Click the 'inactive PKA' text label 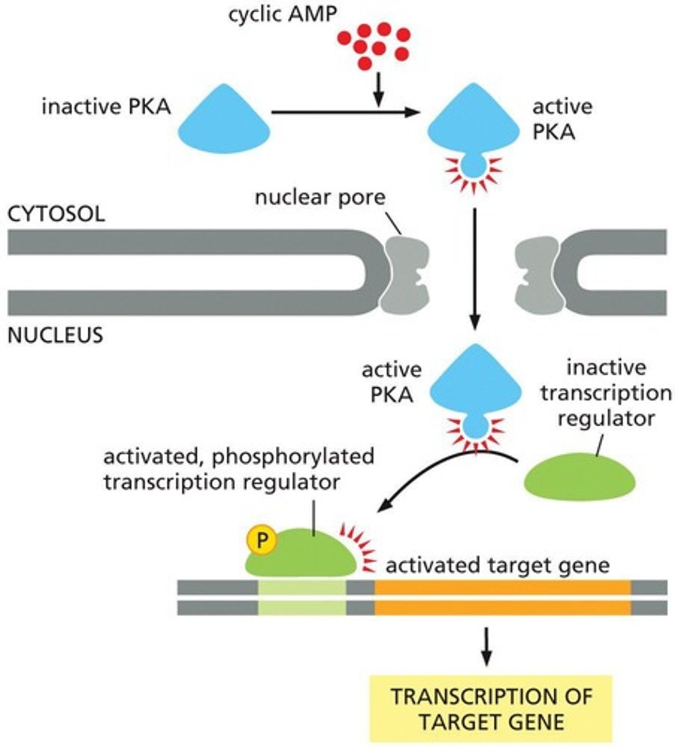[106, 107]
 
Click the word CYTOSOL [56, 214]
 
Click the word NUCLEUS [55, 336]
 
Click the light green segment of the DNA [301, 597]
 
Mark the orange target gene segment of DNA [502, 597]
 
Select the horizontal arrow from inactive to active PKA [342, 112]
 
